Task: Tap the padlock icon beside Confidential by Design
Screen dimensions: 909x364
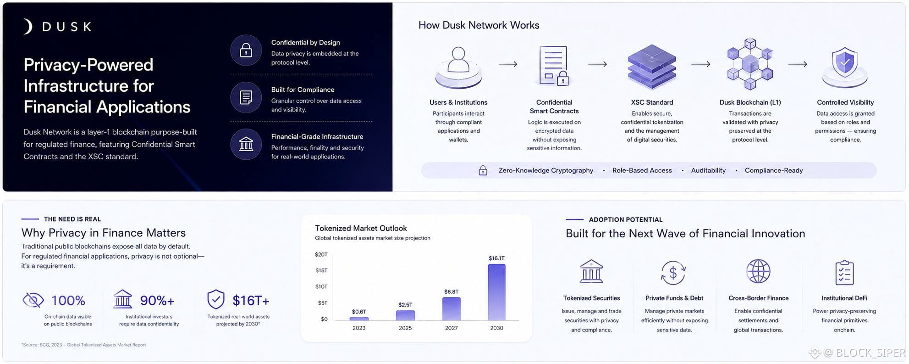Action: click(246, 50)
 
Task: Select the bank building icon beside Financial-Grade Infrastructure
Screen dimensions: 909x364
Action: click(246, 144)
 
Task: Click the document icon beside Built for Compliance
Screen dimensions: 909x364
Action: click(246, 97)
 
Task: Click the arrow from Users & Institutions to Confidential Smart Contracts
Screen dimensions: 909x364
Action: click(508, 64)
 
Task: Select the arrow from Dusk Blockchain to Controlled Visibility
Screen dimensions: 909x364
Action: click(798, 64)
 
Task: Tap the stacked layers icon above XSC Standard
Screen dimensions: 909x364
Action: click(652, 67)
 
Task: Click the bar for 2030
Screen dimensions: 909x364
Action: click(496, 292)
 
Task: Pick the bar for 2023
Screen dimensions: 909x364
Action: click(359, 319)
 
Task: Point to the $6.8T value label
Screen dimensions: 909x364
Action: click(451, 291)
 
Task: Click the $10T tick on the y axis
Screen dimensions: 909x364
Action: click(321, 286)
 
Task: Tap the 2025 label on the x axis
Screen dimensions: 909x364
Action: click(405, 328)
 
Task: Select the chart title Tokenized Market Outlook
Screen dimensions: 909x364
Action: click(361, 228)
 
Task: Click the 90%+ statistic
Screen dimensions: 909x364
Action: click(157, 300)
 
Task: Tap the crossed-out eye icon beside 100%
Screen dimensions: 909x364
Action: click(33, 300)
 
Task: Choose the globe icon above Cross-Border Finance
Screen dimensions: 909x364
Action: click(758, 271)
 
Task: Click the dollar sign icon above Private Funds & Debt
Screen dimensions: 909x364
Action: click(673, 273)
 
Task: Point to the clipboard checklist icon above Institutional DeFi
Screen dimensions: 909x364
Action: click(844, 273)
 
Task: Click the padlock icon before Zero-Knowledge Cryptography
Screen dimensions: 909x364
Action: click(483, 170)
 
